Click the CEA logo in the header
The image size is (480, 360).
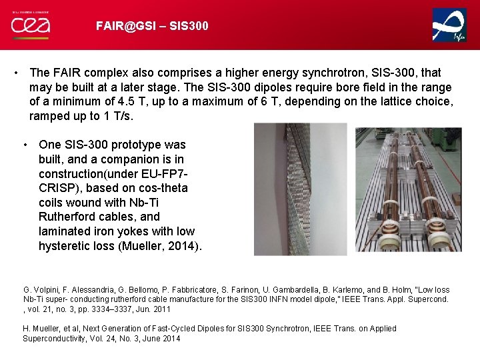(x=30, y=25)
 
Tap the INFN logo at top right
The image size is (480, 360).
(x=449, y=25)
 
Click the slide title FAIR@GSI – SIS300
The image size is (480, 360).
(x=152, y=26)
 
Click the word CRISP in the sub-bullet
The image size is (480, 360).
(x=57, y=188)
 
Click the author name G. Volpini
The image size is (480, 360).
(x=39, y=290)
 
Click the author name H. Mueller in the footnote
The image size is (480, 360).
(x=43, y=329)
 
